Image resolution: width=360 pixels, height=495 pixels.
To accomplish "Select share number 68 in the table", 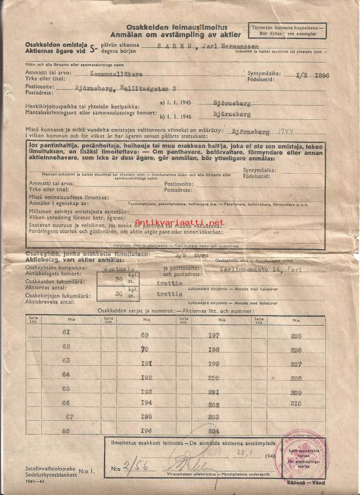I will [67, 430].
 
